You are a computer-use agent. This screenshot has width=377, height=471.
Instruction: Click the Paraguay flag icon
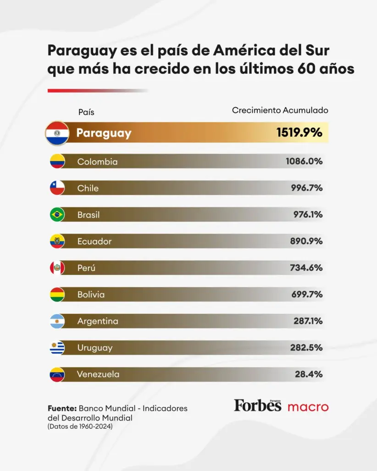(x=57, y=133)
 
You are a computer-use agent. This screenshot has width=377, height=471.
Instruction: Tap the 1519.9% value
(x=299, y=132)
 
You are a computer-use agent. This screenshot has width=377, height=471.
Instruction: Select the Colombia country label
(x=97, y=162)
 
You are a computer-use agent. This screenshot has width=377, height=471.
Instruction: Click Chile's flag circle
(x=57, y=188)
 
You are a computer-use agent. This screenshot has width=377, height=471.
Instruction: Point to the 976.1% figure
(x=308, y=214)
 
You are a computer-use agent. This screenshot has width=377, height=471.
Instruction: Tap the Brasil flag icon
(x=57, y=214)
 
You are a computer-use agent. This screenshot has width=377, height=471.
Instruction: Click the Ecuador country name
(x=94, y=241)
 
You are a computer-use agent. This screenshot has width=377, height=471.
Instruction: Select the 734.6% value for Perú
(x=306, y=268)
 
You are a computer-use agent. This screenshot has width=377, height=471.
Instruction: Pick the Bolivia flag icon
(x=57, y=294)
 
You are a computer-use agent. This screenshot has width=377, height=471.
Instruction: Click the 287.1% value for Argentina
(x=308, y=321)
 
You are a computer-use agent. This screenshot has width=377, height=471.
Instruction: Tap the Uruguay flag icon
(x=57, y=348)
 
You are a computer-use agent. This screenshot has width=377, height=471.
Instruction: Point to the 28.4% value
(x=309, y=374)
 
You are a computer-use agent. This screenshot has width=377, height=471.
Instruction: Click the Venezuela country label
(x=98, y=374)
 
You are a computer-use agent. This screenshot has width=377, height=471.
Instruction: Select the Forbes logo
(x=258, y=405)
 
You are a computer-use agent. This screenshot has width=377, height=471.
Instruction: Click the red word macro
(x=308, y=407)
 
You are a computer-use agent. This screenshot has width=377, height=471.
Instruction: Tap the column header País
(x=86, y=112)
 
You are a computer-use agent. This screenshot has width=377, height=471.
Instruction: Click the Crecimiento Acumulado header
(x=280, y=110)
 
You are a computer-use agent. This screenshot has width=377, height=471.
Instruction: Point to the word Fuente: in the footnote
(x=62, y=409)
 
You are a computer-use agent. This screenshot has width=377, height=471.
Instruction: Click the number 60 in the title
(x=306, y=69)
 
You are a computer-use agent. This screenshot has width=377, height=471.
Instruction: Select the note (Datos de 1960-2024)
(x=80, y=427)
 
